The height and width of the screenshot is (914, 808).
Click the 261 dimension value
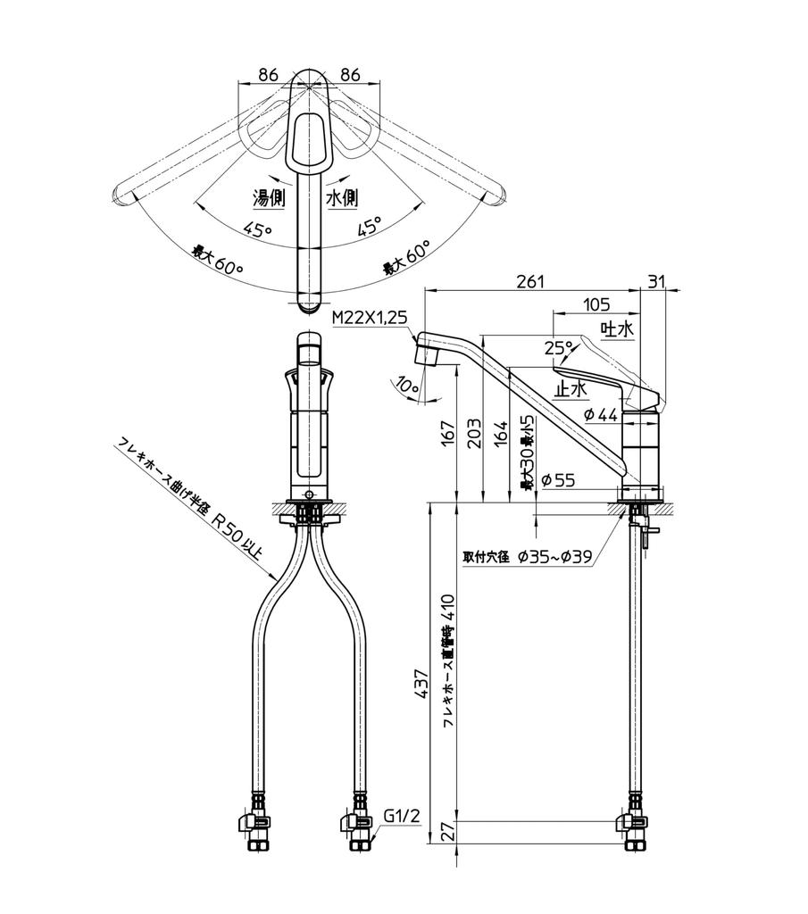coord(530,281)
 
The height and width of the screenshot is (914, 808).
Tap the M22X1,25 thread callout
coord(369,317)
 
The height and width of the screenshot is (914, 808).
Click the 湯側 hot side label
coord(269,198)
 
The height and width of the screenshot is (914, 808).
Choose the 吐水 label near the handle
coord(616,329)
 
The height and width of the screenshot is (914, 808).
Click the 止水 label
coord(571,388)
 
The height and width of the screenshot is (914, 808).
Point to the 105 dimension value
coord(596,304)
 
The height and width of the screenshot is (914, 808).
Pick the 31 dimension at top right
coord(656,281)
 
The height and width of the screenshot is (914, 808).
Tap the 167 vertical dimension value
coord(447,436)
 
